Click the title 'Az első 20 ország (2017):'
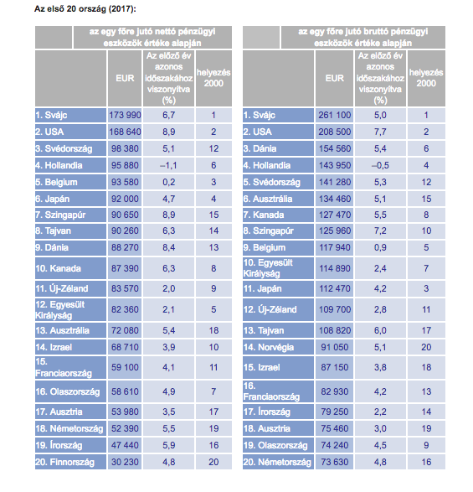pos(85,8)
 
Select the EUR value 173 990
pos(125,115)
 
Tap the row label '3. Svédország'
pos(64,148)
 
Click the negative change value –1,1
pos(168,165)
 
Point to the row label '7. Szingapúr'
pos(60,215)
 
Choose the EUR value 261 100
pos(335,115)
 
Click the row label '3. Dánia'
pos(260,148)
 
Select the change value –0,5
pos(380,165)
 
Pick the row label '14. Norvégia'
pos(269,347)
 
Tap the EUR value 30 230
pos(125,462)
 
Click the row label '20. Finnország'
pos(64,462)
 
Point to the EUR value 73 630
pos(335,462)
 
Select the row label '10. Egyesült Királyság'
pos(268,268)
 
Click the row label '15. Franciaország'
pos(64,367)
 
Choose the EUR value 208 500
pos(335,132)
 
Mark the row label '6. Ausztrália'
pos(268,199)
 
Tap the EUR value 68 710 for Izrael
pos(125,347)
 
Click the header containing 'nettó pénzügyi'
pos(152,37)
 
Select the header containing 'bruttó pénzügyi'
pos(363,37)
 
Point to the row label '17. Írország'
pos(267,412)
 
